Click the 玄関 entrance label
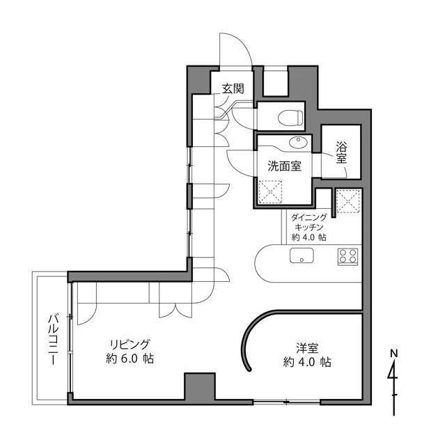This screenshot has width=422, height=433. tap(233, 88)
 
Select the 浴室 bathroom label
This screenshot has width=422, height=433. tap(341, 152)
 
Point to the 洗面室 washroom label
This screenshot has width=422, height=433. tap(284, 166)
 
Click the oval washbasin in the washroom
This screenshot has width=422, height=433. tap(298, 143)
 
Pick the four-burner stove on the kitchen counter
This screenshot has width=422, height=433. tap(348, 257)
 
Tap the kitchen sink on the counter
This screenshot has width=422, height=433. tap(302, 255)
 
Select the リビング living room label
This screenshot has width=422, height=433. tap(130, 345)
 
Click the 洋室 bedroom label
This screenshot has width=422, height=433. tap(307, 348)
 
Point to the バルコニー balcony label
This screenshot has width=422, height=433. tap(54, 340)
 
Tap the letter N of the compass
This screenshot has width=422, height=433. tap(394, 353)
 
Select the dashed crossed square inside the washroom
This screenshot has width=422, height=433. tap(270, 192)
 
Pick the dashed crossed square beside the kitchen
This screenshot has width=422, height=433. tap(348, 201)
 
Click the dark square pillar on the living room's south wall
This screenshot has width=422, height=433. tap(200, 386)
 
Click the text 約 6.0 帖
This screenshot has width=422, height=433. tap(130, 359)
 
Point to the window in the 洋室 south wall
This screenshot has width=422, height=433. tap(287, 402)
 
